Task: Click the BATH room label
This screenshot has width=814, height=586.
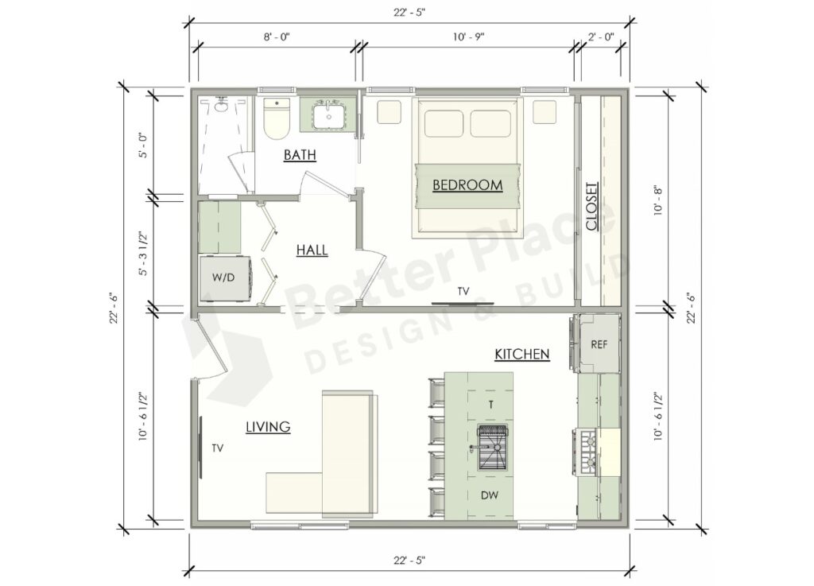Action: click(300, 155)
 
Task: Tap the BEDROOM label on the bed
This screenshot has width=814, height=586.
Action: click(467, 185)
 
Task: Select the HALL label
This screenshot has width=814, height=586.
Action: click(312, 250)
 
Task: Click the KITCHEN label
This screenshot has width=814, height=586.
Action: click(521, 354)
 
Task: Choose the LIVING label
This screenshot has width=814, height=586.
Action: click(267, 427)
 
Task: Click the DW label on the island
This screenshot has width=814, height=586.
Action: click(490, 495)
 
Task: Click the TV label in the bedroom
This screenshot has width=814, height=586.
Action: click(463, 292)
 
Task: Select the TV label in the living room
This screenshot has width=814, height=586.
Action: click(217, 448)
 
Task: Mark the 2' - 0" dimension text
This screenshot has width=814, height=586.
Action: click(602, 37)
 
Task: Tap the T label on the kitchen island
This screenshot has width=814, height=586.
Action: click(490, 404)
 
